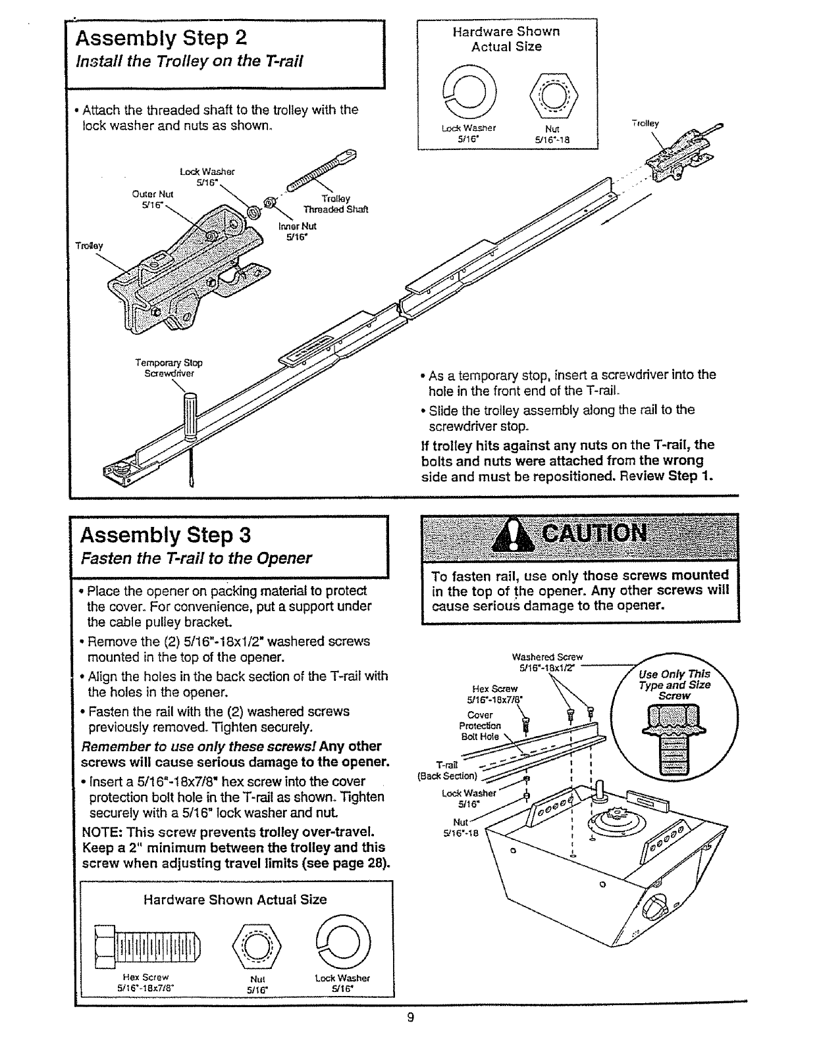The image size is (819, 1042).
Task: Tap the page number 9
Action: pyautogui.click(x=409, y=1018)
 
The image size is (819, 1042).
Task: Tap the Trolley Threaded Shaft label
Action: pyautogui.click(x=336, y=204)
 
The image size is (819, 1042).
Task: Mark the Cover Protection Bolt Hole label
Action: pyautogui.click(x=480, y=726)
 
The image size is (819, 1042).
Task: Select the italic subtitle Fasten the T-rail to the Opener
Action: pyautogui.click(x=196, y=558)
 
